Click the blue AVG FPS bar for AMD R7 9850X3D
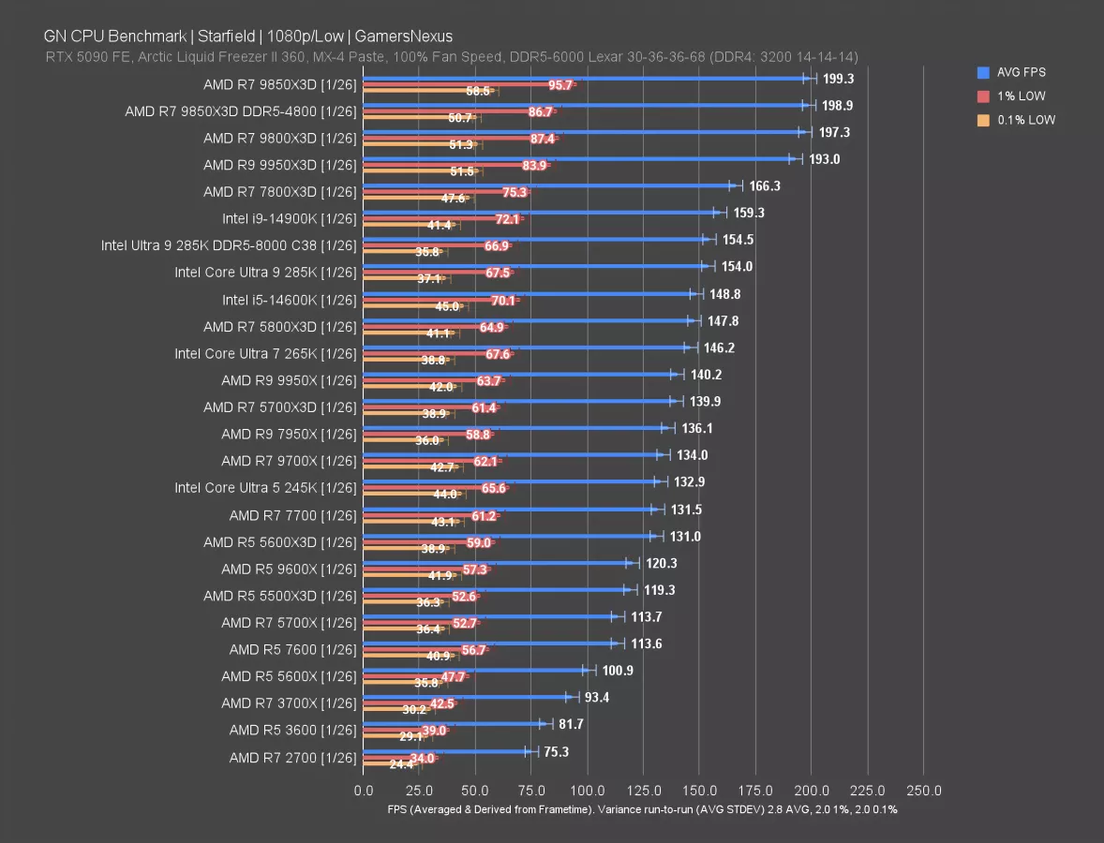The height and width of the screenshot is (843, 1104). tap(581, 79)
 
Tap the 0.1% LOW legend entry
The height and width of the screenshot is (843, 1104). tap(1024, 120)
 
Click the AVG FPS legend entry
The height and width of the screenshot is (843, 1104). tap(1020, 72)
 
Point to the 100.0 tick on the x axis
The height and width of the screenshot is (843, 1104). tap(588, 790)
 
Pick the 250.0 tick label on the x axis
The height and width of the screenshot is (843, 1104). tap(924, 790)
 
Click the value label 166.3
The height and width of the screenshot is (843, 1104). tap(765, 186)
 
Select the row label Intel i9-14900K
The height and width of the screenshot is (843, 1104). tap(290, 218)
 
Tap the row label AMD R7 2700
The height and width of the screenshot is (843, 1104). tap(292, 757)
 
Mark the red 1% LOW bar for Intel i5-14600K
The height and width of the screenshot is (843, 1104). tap(440, 301)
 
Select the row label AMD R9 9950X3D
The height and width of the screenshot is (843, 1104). tap(280, 165)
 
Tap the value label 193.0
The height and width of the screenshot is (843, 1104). tap(825, 159)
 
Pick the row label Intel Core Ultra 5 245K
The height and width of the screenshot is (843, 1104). tap(265, 488)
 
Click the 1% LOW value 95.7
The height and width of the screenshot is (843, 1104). tap(560, 85)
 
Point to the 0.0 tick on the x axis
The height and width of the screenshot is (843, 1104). tap(364, 790)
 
